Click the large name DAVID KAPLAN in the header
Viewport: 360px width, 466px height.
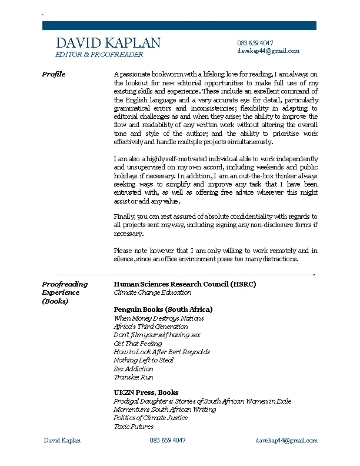[108, 43]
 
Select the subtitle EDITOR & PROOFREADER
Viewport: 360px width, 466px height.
[99, 55]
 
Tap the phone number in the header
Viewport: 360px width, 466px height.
[255, 43]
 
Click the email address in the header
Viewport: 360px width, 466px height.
[268, 51]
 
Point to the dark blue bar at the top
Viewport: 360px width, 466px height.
[179, 25]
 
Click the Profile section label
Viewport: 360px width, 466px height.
[54, 74]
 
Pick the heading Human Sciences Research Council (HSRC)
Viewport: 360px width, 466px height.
[185, 284]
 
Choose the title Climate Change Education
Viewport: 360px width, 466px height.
[152, 292]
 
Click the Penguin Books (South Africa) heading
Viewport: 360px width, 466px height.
[163, 309]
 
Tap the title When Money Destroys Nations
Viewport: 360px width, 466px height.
[159, 318]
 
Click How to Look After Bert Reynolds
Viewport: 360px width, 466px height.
[162, 352]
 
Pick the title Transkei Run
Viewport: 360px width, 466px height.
[134, 377]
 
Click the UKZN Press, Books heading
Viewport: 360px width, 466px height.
[146, 392]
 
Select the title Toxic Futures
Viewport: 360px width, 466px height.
[134, 427]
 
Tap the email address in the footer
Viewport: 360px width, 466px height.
[286, 441]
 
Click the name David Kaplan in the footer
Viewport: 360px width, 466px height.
[62, 441]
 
